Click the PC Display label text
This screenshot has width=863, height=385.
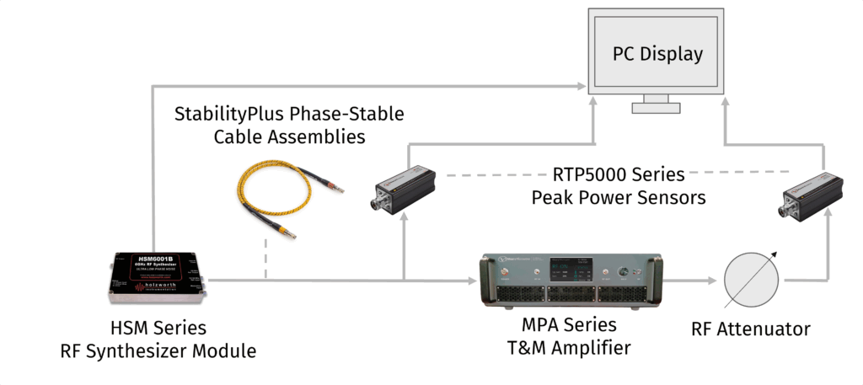tap(657, 55)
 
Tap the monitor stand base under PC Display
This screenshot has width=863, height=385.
tap(657, 108)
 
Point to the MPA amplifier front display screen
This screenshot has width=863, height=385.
tap(560, 271)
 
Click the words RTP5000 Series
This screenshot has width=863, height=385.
tap(619, 176)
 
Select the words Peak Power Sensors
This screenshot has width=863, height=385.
tap(619, 198)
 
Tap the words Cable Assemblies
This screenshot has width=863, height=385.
tap(288, 136)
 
